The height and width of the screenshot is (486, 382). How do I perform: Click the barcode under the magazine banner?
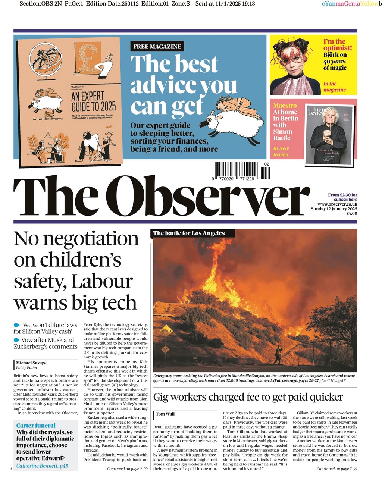pyautogui.click(x=242, y=171)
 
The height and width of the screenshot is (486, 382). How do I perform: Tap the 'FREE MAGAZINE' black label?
pyautogui.click(x=157, y=47)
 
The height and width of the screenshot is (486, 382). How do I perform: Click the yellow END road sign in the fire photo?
pyautogui.click(x=166, y=331)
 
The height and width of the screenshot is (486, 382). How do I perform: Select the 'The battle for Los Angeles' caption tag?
pyautogui.click(x=189, y=233)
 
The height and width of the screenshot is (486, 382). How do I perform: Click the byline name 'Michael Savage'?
pyautogui.click(x=31, y=363)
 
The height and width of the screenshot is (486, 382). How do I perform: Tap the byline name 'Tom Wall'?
pyautogui.click(x=165, y=414)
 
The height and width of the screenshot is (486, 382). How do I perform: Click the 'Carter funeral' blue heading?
pyautogui.click(x=36, y=426)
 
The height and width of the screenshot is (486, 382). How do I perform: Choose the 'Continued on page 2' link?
pyautogui.click(x=125, y=469)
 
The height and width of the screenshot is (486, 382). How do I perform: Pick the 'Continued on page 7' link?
pyautogui.click(x=334, y=469)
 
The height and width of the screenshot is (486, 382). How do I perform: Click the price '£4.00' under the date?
pyautogui.click(x=351, y=214)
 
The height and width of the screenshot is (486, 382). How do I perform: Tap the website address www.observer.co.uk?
pyautogui.click(x=337, y=204)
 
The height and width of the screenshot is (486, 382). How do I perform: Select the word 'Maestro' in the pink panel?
pyautogui.click(x=285, y=106)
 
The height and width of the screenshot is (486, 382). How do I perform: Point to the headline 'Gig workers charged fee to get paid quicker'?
pyautogui.click(x=248, y=397)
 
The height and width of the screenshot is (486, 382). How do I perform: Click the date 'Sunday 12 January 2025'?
pyautogui.click(x=334, y=209)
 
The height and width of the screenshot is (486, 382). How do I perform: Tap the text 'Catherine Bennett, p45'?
pyautogui.click(x=42, y=465)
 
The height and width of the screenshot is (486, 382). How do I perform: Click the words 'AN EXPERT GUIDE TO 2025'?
pyautogui.click(x=93, y=101)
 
